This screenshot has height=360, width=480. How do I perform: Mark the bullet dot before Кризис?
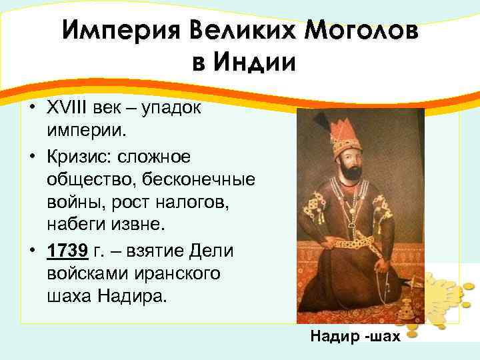click(31, 156)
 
